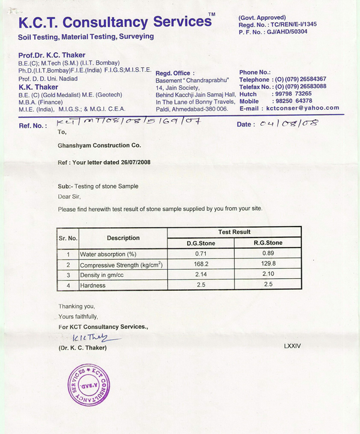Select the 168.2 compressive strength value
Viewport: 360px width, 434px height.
click(x=206, y=264)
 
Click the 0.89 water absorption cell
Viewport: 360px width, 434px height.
click(x=268, y=254)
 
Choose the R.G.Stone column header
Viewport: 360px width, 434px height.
click(x=268, y=243)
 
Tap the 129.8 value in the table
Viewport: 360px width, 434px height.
click(x=268, y=264)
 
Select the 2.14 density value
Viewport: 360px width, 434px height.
click(x=206, y=275)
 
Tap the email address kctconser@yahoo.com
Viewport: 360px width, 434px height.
click(x=306, y=108)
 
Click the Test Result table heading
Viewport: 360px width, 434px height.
click(x=234, y=232)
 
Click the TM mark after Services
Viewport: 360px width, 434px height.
click(x=211, y=14)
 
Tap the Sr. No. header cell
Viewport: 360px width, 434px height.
click(x=68, y=238)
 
